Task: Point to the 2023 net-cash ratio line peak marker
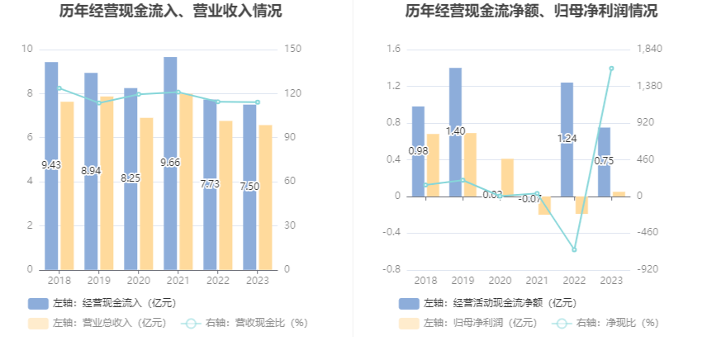[611, 69]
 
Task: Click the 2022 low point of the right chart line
[574, 249]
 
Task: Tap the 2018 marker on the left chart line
[59, 88]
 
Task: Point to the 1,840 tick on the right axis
[651, 50]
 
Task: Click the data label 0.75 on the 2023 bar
[604, 161]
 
